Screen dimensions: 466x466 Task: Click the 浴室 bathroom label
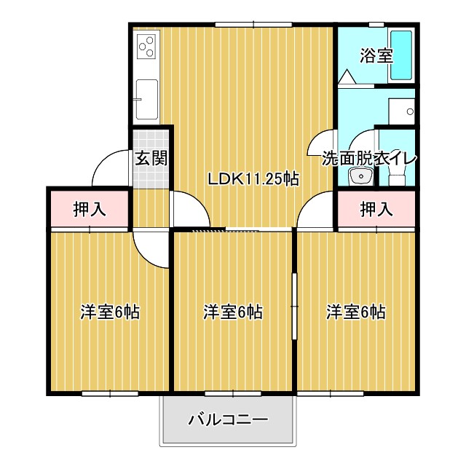(377, 55)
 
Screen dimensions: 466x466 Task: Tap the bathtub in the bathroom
(401, 55)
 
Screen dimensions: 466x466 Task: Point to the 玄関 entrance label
(151, 158)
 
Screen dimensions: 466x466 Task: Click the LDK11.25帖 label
(253, 179)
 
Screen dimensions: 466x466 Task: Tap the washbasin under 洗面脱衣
(359, 176)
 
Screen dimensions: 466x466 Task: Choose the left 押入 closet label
(90, 210)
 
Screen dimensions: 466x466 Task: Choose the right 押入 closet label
(376, 210)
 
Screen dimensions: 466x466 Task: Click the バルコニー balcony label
(229, 420)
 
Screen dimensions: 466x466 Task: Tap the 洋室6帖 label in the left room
(109, 312)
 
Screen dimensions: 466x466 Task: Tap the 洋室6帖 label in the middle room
(232, 312)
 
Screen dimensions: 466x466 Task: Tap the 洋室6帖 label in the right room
(355, 312)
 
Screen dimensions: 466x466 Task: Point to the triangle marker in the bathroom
(346, 76)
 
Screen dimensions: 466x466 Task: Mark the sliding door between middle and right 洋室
(295, 307)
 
